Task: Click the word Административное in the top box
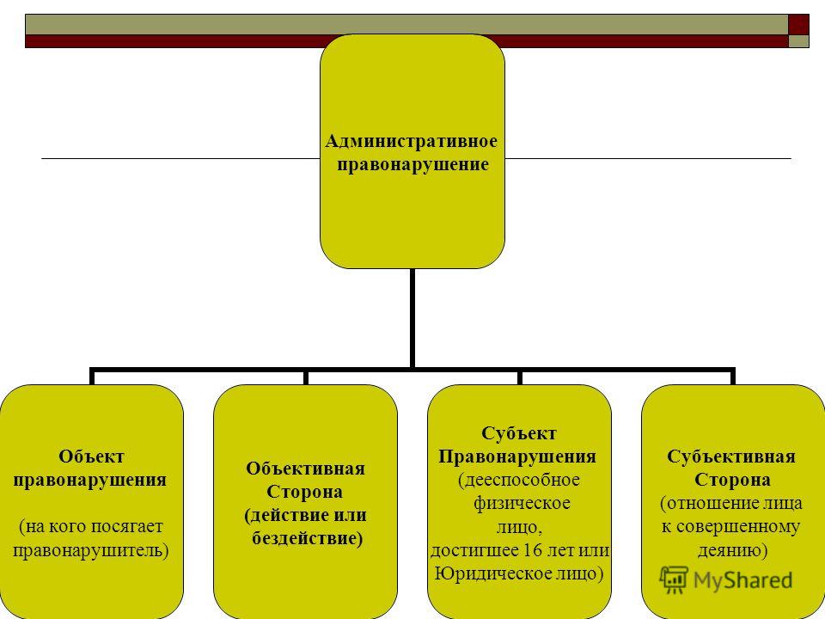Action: tap(412, 140)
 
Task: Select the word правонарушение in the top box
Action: tap(412, 162)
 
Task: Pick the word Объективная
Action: tap(305, 469)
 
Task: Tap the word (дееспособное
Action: tap(519, 479)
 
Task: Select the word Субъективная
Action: tap(732, 457)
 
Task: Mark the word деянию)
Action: tap(732, 549)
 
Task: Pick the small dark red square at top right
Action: tap(799, 23)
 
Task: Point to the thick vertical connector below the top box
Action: tap(412, 318)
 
